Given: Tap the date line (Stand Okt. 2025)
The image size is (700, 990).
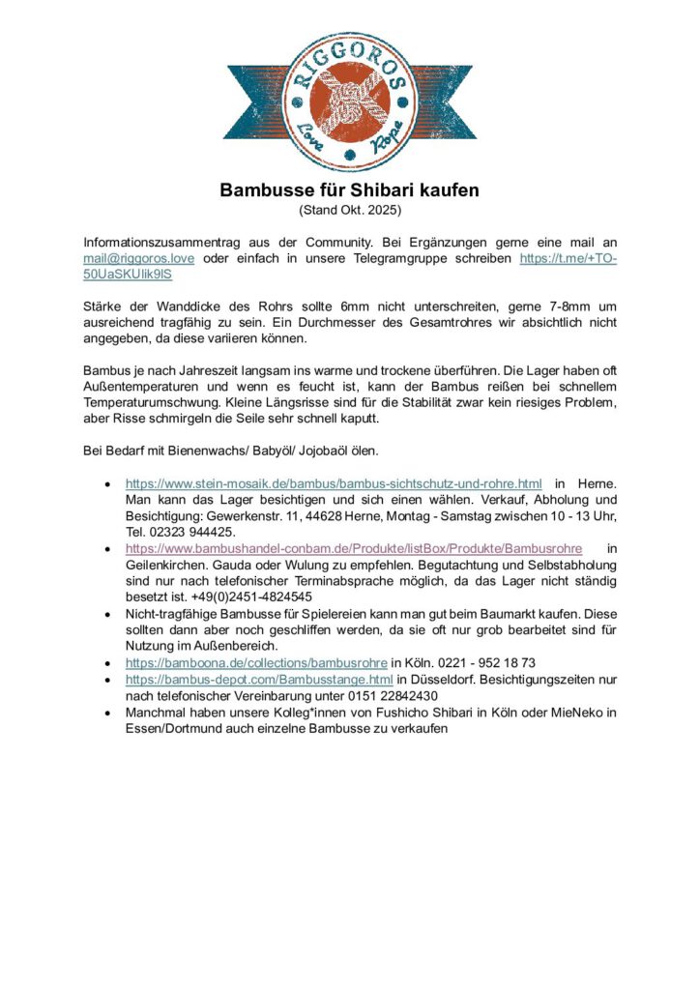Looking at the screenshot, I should pyautogui.click(x=349, y=209).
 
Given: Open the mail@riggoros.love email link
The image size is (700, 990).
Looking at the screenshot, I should pyautogui.click(x=138, y=259).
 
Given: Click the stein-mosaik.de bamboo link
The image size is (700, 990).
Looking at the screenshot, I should pyautogui.click(x=334, y=482).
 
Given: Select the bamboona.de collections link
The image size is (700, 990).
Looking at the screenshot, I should pyautogui.click(x=256, y=663).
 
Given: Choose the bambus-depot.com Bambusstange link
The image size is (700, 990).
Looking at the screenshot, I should pyautogui.click(x=259, y=680).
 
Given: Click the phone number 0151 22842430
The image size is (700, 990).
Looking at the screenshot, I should pyautogui.click(x=384, y=696).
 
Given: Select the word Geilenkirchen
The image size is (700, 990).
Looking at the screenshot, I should pyautogui.click(x=169, y=565).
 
